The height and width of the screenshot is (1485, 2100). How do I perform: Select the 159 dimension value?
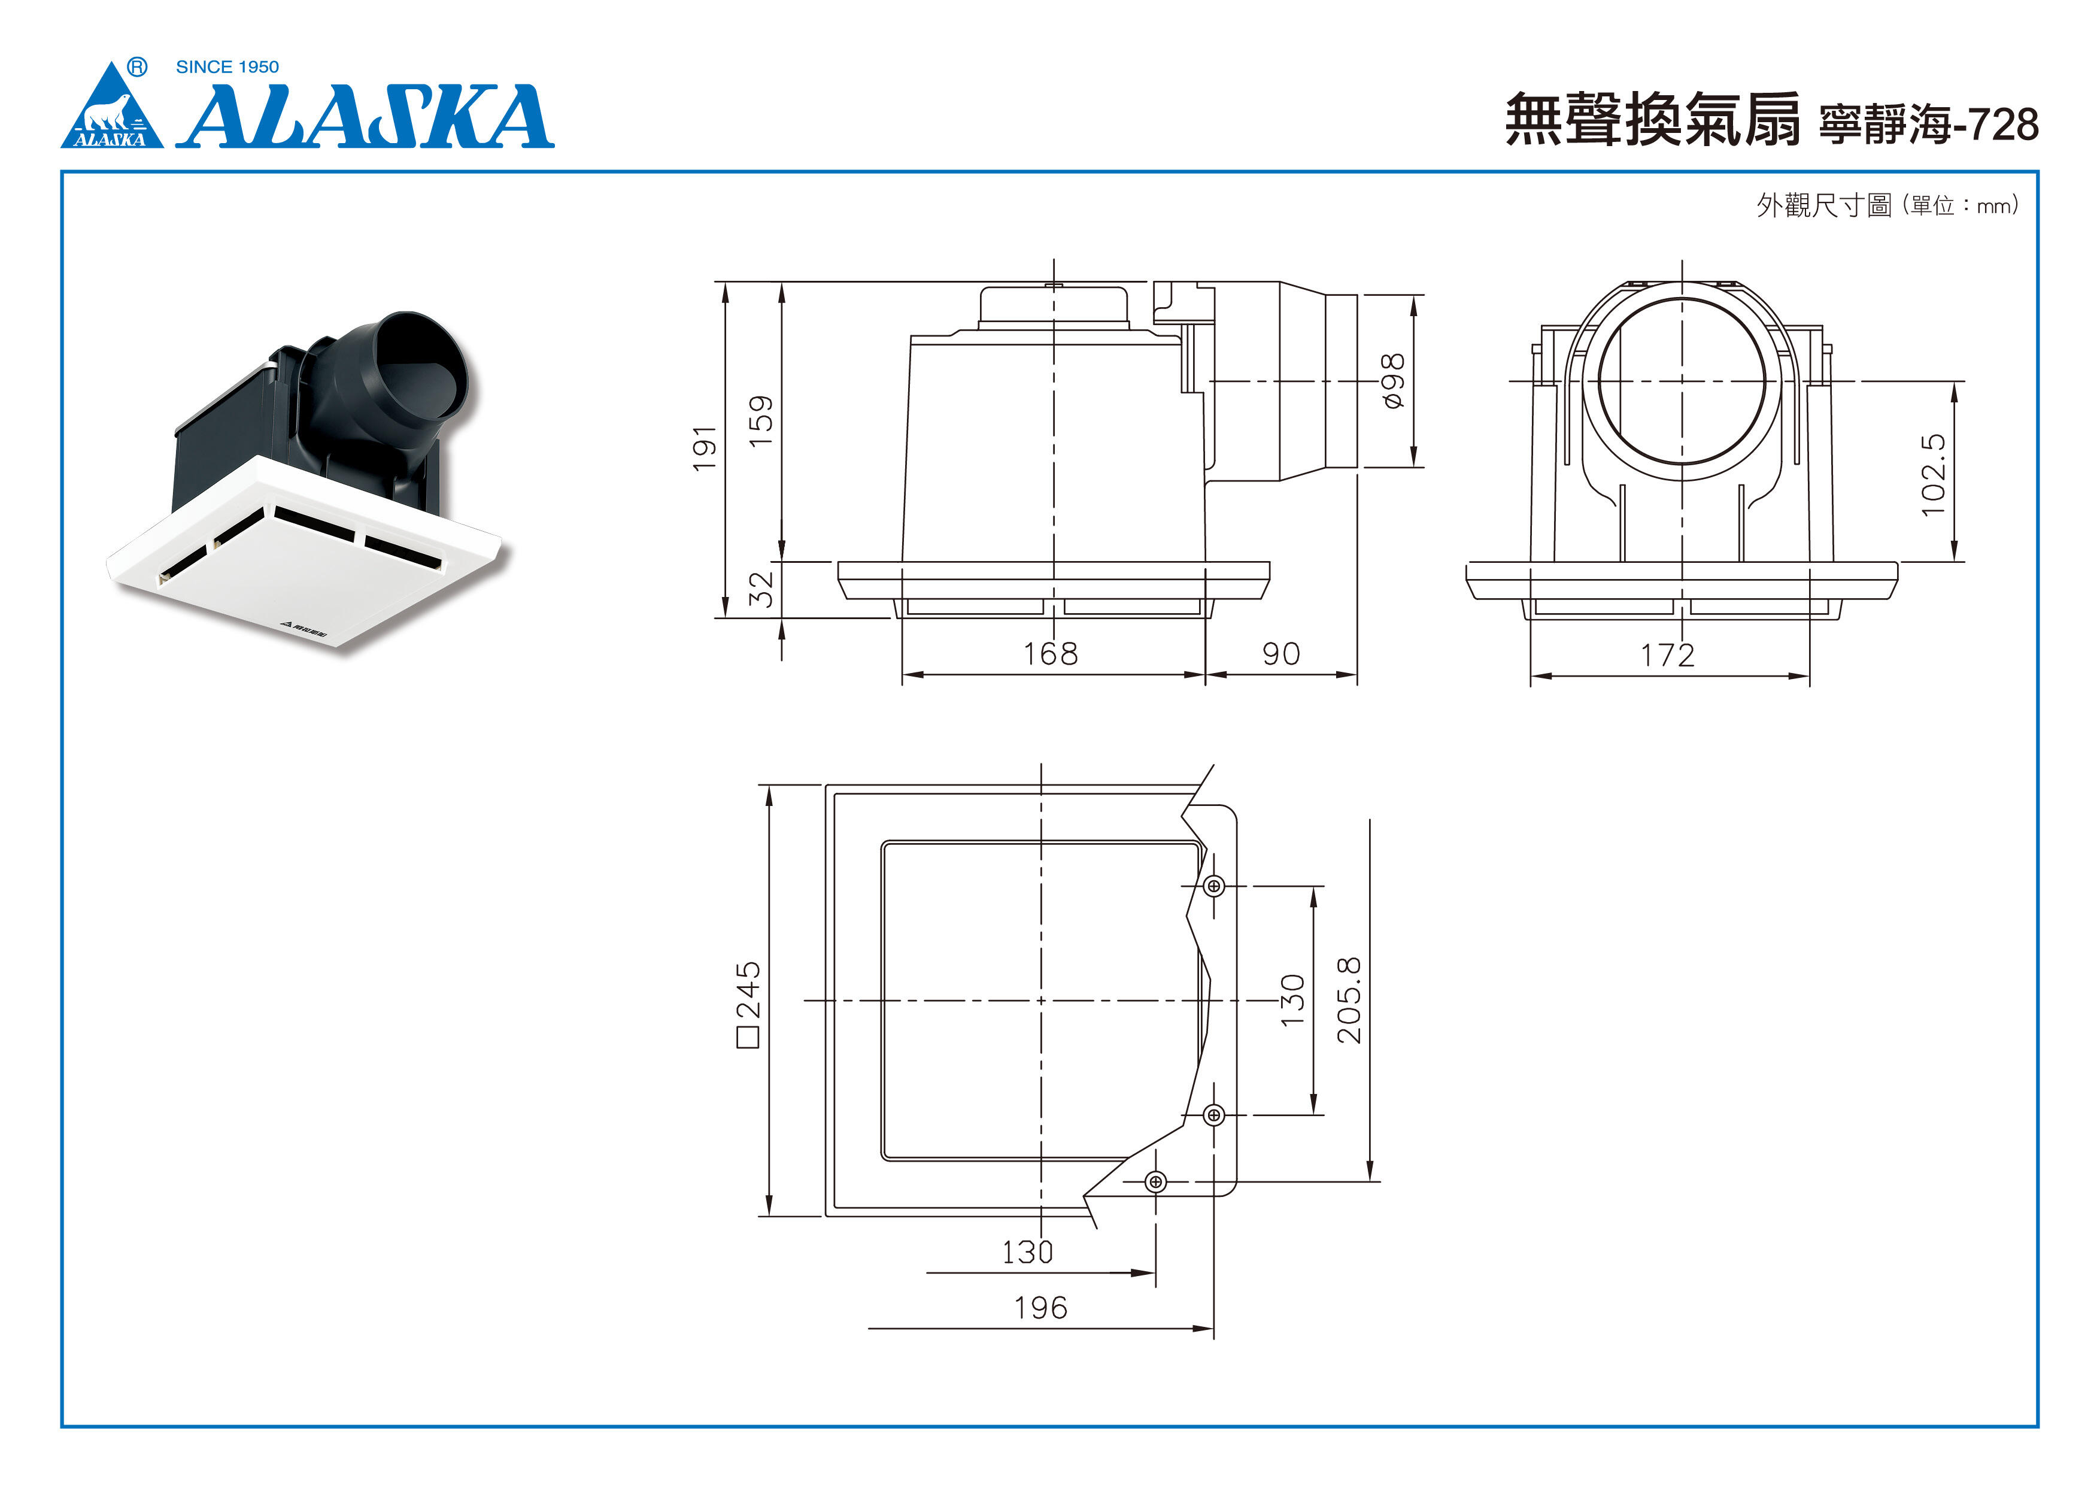tap(761, 421)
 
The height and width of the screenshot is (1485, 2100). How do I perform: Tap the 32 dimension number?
tap(761, 589)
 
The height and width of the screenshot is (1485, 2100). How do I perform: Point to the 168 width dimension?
tap(1050, 653)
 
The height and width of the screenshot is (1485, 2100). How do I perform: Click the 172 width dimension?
tap(1667, 655)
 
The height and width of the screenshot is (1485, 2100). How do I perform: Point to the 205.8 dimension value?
tap(1349, 1000)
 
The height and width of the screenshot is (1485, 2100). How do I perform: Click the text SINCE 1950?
tap(227, 67)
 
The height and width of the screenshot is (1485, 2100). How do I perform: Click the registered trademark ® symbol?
tap(136, 67)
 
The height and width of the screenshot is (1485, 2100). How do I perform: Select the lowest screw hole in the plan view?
tap(1155, 1182)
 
